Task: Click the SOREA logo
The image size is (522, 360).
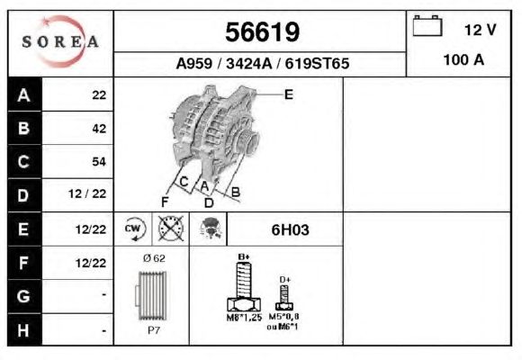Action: tap(60, 41)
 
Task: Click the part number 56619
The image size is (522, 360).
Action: tap(262, 32)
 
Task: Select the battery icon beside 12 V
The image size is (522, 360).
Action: tap(427, 25)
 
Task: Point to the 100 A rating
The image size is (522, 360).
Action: tap(463, 60)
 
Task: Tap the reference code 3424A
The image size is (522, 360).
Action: tap(249, 63)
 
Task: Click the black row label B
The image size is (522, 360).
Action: tap(24, 128)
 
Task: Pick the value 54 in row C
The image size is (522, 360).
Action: tap(99, 161)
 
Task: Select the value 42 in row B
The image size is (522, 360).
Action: tap(99, 129)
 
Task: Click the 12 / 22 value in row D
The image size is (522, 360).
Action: tap(87, 193)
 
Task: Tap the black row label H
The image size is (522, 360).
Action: tap(24, 330)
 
